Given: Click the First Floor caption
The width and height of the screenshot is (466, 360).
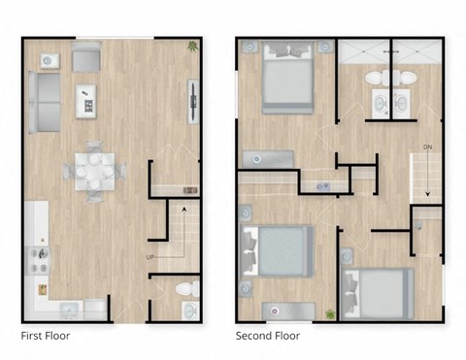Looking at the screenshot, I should (45, 336).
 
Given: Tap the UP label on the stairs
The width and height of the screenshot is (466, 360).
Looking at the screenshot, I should (150, 257).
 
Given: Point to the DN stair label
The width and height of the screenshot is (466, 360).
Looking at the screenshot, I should (426, 147).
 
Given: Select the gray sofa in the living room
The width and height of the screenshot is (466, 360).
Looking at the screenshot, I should (43, 103).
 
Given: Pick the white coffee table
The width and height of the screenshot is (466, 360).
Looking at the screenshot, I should (85, 98).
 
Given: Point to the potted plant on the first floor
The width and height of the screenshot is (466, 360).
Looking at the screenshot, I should (194, 46).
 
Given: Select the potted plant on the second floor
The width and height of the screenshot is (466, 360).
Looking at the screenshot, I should (330, 313).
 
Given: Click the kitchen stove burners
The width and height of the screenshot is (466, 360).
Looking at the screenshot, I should (41, 257).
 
